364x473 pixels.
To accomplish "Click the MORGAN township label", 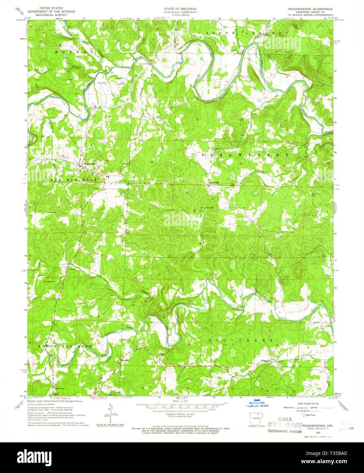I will (x=74, y=52).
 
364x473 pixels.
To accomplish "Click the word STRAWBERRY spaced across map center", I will (x=245, y=155).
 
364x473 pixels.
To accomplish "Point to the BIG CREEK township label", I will (x=240, y=340).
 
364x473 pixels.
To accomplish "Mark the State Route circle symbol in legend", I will (x=304, y=415).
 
